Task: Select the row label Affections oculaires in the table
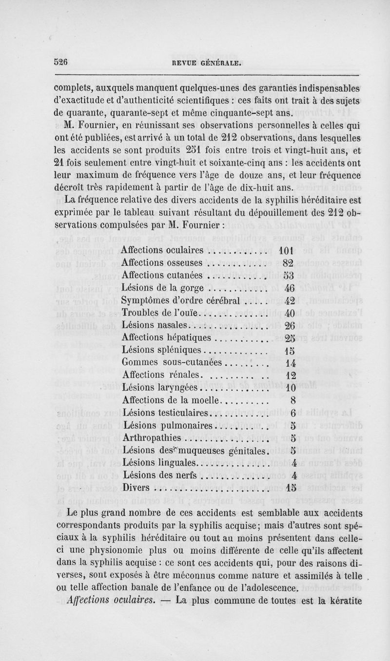point(162,250)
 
